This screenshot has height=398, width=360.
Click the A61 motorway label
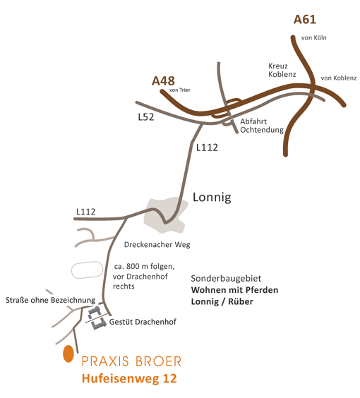(x=305, y=20)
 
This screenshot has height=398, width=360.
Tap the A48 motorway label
(x=163, y=81)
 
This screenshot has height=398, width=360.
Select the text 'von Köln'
(x=314, y=38)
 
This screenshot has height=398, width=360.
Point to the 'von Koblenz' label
(x=339, y=78)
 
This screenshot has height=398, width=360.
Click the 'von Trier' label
(x=180, y=90)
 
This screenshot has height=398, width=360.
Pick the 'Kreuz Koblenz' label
(x=282, y=70)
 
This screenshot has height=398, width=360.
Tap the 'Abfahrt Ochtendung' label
(x=262, y=126)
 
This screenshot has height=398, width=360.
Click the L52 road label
(x=146, y=117)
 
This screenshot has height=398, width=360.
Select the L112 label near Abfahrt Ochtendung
(x=207, y=147)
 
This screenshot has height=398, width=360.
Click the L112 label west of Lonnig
(x=86, y=212)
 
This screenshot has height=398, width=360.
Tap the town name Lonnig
(x=212, y=197)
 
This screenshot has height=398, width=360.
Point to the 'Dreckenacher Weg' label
(x=157, y=245)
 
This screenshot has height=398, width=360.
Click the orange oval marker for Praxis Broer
(x=68, y=354)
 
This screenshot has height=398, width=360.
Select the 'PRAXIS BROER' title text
(x=131, y=361)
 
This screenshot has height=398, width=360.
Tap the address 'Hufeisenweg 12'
(x=129, y=378)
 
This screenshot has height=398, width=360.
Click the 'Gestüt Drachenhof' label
(x=143, y=322)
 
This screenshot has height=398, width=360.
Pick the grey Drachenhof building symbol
(x=97, y=318)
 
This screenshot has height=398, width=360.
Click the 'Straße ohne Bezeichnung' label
(x=50, y=301)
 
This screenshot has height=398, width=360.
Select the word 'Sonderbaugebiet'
(x=226, y=279)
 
